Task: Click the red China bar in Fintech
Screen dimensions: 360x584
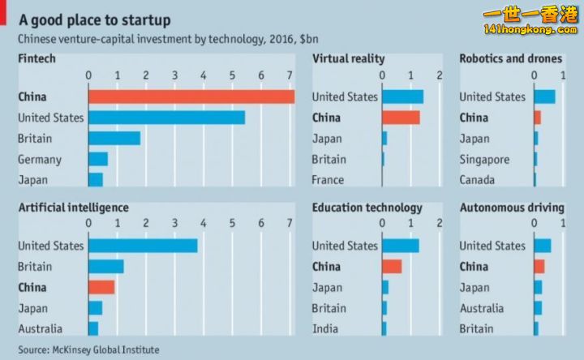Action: coord(191,96)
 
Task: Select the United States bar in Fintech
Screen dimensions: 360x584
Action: coord(166,118)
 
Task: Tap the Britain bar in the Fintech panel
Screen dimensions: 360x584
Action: coord(114,138)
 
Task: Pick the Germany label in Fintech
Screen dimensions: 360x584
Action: coord(39,159)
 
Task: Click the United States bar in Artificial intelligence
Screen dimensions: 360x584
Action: coord(143,246)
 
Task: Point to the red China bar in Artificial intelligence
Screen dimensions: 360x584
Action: coord(101,287)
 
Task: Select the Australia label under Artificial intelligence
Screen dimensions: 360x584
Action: coord(41,328)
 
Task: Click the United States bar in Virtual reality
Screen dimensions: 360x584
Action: coord(402,96)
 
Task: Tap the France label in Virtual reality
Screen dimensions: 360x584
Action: coord(328,179)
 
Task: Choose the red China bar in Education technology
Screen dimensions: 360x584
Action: coord(392,266)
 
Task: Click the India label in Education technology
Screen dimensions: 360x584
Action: coord(325,328)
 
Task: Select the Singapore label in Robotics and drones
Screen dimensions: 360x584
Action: coord(484,159)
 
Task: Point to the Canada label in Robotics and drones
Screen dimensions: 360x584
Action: coord(478,179)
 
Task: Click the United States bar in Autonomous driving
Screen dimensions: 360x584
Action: coord(543,246)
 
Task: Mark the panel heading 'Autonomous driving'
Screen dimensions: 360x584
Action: coord(511,208)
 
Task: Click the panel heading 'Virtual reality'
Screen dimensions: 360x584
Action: coord(348,58)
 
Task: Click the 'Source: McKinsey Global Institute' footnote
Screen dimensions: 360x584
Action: coord(89,349)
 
